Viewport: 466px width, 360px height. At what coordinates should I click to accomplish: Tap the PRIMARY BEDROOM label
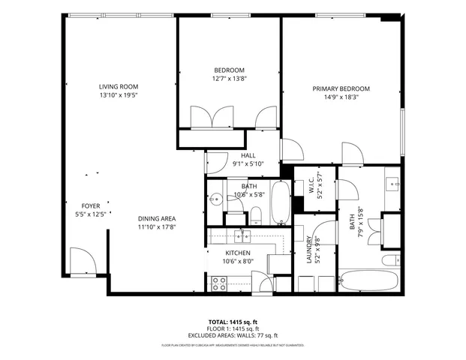(341, 88)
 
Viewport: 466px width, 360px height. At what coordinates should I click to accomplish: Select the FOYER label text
(92, 205)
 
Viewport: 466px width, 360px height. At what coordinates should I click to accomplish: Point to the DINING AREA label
(156, 218)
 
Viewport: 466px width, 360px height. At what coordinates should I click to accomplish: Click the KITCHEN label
(239, 253)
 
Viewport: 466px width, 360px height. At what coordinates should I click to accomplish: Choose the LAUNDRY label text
(308, 249)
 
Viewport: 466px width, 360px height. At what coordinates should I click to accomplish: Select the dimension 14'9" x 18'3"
(341, 97)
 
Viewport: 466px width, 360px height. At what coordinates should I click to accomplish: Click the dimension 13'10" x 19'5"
(119, 95)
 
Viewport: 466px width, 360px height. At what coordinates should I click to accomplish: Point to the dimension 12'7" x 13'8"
(230, 79)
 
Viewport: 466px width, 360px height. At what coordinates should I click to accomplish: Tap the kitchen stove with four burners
(219, 283)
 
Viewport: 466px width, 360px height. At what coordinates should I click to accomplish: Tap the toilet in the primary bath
(390, 261)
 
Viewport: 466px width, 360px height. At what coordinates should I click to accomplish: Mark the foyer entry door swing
(79, 262)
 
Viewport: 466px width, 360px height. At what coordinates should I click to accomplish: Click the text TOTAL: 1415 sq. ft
(233, 321)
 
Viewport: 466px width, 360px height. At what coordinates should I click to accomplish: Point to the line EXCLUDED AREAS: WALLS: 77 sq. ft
(233, 335)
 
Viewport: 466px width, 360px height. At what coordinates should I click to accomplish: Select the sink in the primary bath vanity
(393, 184)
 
